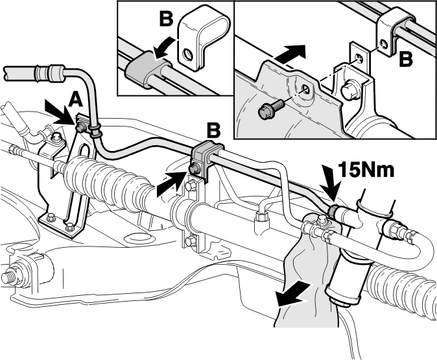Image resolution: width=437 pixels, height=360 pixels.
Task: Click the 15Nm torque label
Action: [x=366, y=169]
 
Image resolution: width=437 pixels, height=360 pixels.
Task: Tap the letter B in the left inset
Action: [x=167, y=19]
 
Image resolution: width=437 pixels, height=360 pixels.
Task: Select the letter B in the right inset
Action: [x=406, y=60]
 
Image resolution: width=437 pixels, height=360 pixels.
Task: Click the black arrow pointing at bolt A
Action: [x=60, y=112]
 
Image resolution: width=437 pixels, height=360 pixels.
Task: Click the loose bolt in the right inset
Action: [x=270, y=109]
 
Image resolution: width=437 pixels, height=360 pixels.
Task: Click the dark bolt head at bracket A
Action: [x=80, y=128]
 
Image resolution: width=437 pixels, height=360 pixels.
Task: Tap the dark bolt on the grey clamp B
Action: [x=193, y=168]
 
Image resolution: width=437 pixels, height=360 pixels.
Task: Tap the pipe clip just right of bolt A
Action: [x=95, y=131]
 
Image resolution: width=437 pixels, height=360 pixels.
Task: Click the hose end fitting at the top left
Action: [x=50, y=73]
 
